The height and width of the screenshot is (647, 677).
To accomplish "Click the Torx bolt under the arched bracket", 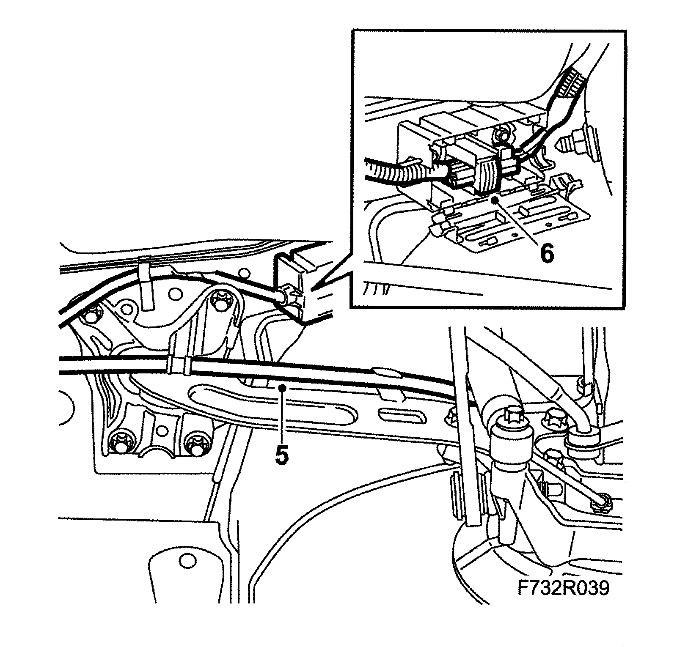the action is [220, 301].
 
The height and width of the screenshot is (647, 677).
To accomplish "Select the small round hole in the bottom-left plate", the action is [184, 561].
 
